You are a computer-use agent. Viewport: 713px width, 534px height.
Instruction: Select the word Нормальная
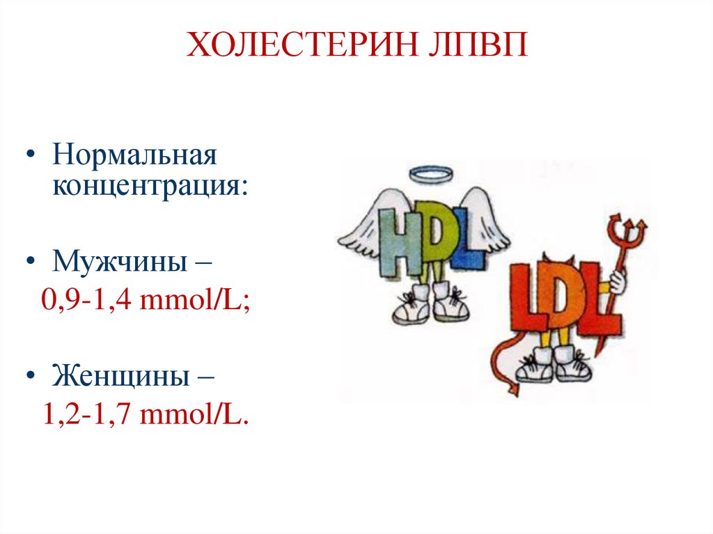(x=135, y=155)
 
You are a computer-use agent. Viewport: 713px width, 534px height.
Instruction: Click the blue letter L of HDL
(x=468, y=244)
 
